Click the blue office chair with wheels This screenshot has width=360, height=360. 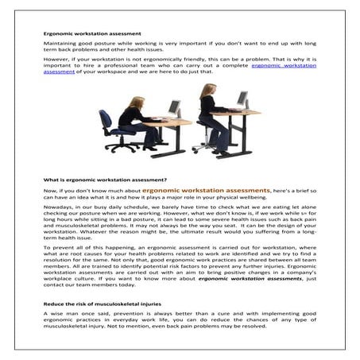(110, 130)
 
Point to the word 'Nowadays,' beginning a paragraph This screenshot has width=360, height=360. (60, 212)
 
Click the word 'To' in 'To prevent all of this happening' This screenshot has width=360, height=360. (47, 249)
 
